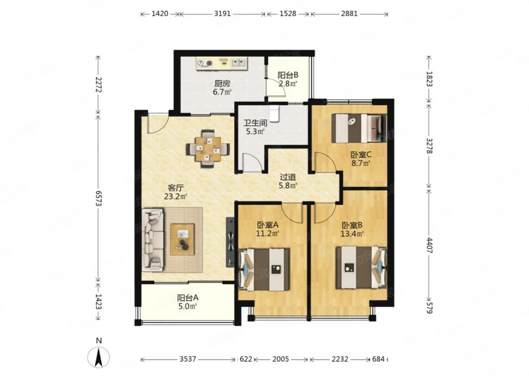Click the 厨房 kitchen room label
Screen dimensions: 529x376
click(222, 84)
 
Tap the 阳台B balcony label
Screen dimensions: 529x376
click(288, 75)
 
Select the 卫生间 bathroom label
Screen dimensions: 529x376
click(255, 123)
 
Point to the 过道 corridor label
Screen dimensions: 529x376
click(288, 177)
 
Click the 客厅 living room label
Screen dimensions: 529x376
click(176, 188)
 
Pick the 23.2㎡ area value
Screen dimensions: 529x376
click(176, 196)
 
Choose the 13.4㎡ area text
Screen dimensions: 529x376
click(352, 234)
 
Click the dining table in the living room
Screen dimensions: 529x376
click(208, 149)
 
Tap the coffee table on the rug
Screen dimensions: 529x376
click(183, 239)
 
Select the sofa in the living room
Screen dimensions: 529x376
click(153, 239)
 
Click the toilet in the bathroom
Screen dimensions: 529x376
click(274, 114)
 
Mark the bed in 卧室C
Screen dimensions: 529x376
click(359, 128)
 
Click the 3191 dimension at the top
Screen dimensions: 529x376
click(222, 14)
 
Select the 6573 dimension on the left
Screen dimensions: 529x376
click(98, 198)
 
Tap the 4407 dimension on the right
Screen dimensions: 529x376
click(429, 246)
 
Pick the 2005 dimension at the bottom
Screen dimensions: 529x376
click(281, 359)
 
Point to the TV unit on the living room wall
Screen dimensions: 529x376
click(230, 242)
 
